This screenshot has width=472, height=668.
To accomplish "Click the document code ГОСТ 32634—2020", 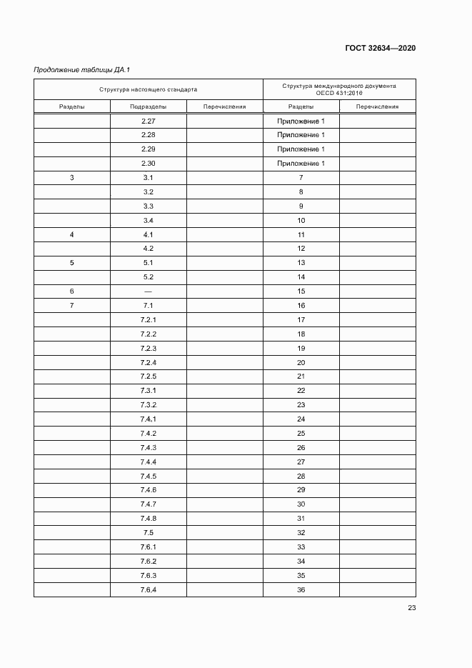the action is [381, 48].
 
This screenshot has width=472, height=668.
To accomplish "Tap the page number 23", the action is [411, 608].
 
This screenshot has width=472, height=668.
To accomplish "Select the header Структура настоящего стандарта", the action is [149, 89].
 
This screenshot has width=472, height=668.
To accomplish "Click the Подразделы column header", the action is [149, 107].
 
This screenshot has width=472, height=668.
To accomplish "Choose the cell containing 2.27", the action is [149, 121].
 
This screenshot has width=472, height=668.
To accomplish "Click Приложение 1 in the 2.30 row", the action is [301, 164].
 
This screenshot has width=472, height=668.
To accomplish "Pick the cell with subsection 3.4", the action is [149, 221].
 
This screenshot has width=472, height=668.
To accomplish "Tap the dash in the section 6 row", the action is [149, 291].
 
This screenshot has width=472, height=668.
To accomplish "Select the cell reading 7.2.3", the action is [149, 349].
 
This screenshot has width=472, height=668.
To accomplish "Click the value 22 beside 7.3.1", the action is [301, 391].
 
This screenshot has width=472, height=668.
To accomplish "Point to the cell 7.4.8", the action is [149, 519].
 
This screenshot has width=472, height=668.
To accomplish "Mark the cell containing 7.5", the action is [149, 533].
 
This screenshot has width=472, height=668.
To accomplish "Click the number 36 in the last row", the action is [301, 590].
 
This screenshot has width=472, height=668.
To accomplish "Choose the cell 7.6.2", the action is [149, 562].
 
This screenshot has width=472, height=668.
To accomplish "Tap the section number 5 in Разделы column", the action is [71, 263].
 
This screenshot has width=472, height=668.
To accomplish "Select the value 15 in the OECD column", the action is [301, 291].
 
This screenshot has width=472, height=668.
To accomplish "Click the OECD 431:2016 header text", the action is [339, 94].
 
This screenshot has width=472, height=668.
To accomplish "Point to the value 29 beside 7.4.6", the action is [301, 490].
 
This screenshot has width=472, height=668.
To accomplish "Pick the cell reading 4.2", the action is [149, 249].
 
